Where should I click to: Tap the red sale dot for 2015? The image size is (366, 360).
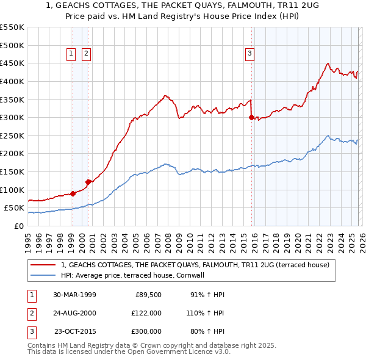tap(251, 118)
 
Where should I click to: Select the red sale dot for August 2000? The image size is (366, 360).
tap(88, 181)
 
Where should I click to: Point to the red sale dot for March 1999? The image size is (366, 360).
tap(73, 193)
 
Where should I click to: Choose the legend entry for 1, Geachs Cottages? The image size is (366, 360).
tap(195, 265)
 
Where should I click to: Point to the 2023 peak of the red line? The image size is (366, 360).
tap(328, 63)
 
